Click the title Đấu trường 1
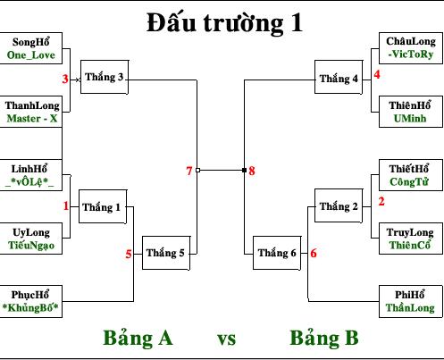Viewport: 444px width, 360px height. pyautogui.click(x=225, y=23)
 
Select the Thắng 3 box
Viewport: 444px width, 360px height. pyautogui.click(x=105, y=77)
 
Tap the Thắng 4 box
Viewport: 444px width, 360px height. pyautogui.click(x=339, y=77)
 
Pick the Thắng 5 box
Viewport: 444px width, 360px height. pyautogui.click(x=166, y=253)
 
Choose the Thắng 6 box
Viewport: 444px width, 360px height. pyautogui.click(x=277, y=253)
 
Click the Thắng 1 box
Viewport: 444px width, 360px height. pyautogui.click(x=103, y=206)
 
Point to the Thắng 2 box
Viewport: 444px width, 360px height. pyautogui.click(x=339, y=205)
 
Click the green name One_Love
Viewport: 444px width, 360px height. pyautogui.click(x=31, y=55)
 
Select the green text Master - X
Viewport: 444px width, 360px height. pyautogui.click(x=32, y=119)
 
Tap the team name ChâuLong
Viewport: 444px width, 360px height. pyautogui.click(x=411, y=41)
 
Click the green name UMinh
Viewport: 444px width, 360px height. pyautogui.click(x=410, y=119)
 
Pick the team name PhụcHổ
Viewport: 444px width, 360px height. pyautogui.click(x=30, y=295)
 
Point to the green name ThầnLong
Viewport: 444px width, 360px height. pyautogui.click(x=410, y=307)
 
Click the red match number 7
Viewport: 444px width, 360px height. pyautogui.click(x=189, y=171)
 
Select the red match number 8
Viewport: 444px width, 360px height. pyautogui.click(x=252, y=171)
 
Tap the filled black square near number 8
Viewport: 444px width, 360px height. pyautogui.click(x=244, y=170)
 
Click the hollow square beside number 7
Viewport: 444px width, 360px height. pyautogui.click(x=197, y=170)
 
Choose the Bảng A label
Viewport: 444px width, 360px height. pyautogui.click(x=138, y=338)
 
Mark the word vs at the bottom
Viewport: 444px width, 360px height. pyautogui.click(x=226, y=339)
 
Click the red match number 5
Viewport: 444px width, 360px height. pyautogui.click(x=129, y=254)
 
